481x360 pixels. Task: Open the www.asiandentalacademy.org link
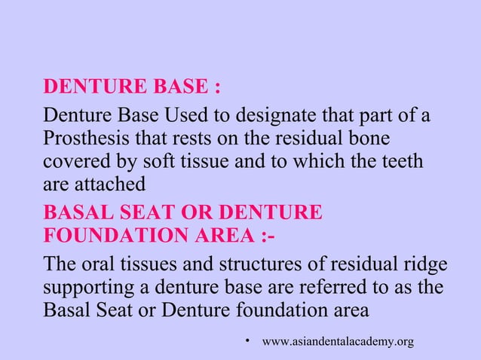point(337,343)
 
